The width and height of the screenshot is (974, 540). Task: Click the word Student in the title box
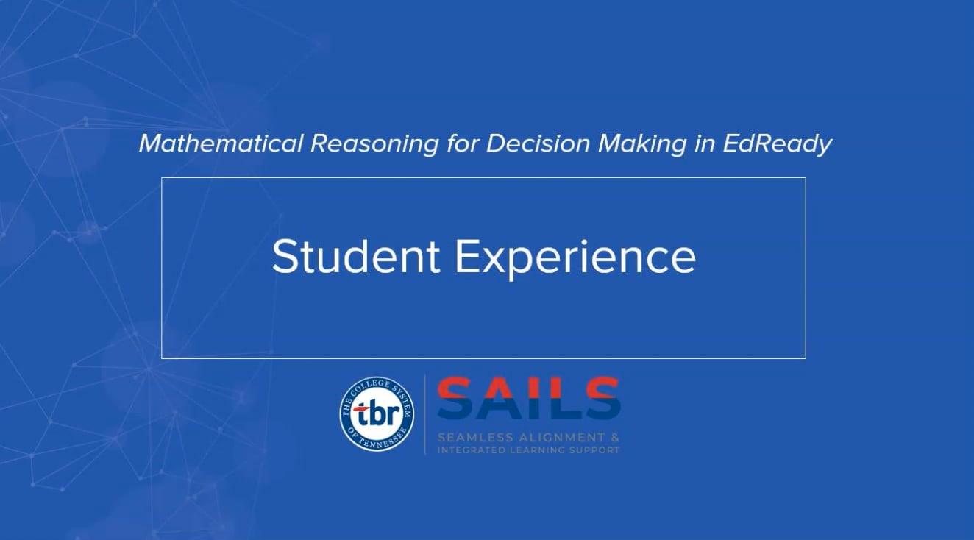(356, 257)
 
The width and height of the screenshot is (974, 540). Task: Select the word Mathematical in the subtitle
(220, 143)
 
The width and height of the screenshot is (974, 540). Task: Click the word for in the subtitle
(462, 143)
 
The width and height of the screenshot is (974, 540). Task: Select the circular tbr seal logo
(376, 414)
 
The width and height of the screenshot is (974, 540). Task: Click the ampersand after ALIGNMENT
(615, 437)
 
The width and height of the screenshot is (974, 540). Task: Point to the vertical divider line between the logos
(425, 414)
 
